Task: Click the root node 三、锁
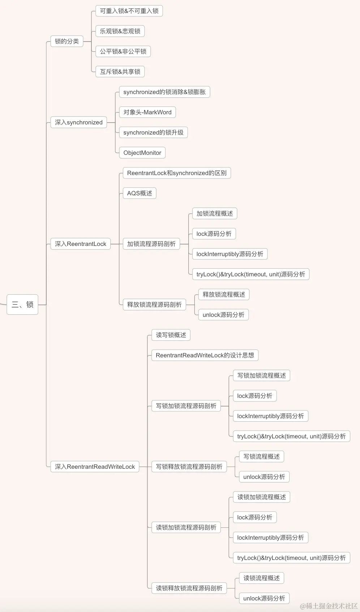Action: [22, 305]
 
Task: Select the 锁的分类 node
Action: [67, 41]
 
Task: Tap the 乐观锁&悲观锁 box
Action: [120, 31]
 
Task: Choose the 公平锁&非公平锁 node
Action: [123, 51]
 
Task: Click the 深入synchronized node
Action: [78, 122]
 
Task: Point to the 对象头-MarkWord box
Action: [147, 112]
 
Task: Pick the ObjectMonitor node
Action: [142, 153]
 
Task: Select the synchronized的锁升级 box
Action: [153, 132]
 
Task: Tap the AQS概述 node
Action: [140, 193]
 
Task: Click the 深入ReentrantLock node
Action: [80, 244]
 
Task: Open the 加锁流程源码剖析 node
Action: [151, 244]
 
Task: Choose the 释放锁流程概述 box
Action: [224, 294]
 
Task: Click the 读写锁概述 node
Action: [171, 335]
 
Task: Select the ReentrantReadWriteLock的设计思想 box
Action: [205, 355]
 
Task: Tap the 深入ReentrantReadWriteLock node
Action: [95, 467]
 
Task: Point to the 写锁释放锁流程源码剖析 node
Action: [189, 467]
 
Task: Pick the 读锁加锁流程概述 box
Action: [261, 497]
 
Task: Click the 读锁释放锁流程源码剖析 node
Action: [189, 588]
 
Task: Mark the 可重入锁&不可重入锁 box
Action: [129, 11]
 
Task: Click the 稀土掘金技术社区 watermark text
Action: [329, 606]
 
